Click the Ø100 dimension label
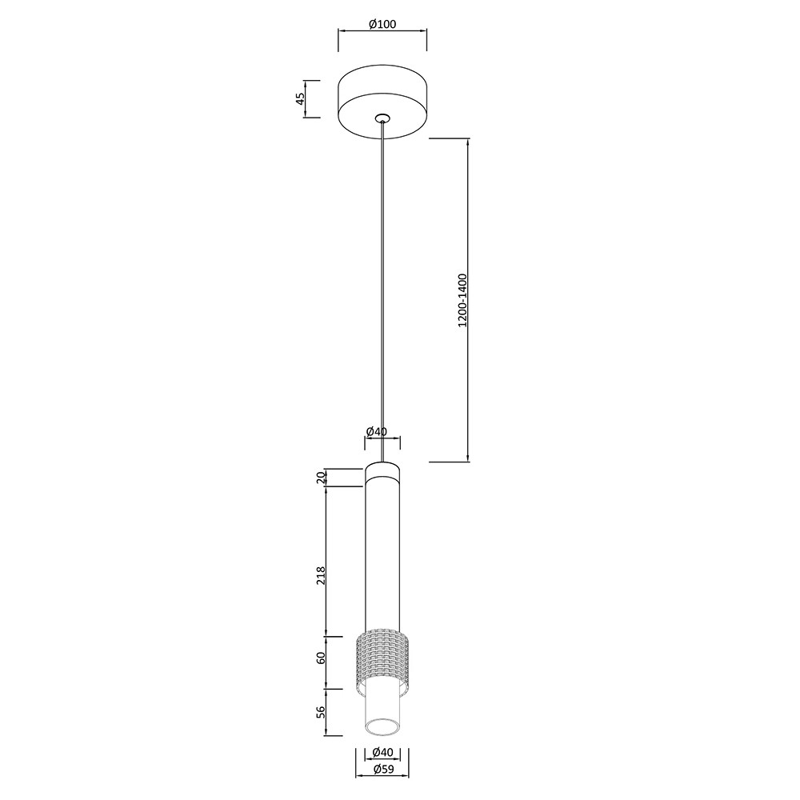tap(382, 23)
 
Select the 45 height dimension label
tap(301, 98)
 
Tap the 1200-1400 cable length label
tap(462, 301)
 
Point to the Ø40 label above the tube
tap(377, 431)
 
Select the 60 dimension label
tap(321, 658)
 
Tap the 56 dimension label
tap(321, 712)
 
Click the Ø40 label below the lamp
tap(382, 751)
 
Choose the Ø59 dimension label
tap(382, 770)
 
